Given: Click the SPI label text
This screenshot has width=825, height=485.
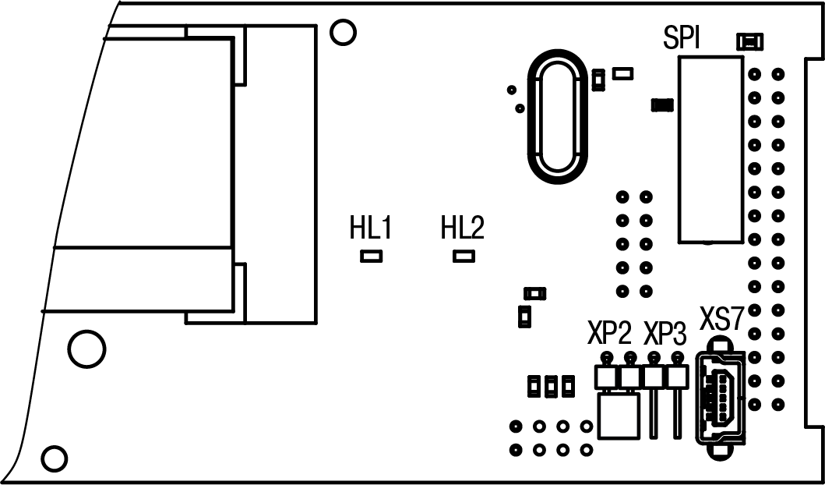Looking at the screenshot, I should coord(681,38).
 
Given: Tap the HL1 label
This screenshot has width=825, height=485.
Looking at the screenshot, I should coord(370,228).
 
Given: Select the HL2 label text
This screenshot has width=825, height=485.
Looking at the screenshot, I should coord(463,228).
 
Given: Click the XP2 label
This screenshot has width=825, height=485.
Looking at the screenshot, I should coord(608,335).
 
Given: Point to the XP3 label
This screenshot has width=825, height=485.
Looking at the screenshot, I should coord(665,335).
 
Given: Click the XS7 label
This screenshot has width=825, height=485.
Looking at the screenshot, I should coord(723,320).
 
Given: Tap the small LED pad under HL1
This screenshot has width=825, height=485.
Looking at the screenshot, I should coord(371,255).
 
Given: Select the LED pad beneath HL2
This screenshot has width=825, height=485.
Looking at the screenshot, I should coord(464,255).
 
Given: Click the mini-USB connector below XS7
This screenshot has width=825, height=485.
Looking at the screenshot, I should coord(721,399).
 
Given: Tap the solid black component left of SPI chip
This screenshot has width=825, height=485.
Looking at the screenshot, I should coord(662,104).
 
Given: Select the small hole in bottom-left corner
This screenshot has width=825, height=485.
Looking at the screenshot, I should coord(54,457).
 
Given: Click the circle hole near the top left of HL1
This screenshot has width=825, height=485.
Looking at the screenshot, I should coord(342,32).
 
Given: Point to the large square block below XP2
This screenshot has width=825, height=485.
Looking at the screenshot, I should coord(619,415).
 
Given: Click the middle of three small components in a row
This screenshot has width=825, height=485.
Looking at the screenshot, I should coord(552,384).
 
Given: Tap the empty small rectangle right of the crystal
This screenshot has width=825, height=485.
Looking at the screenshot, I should coord(623,73).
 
